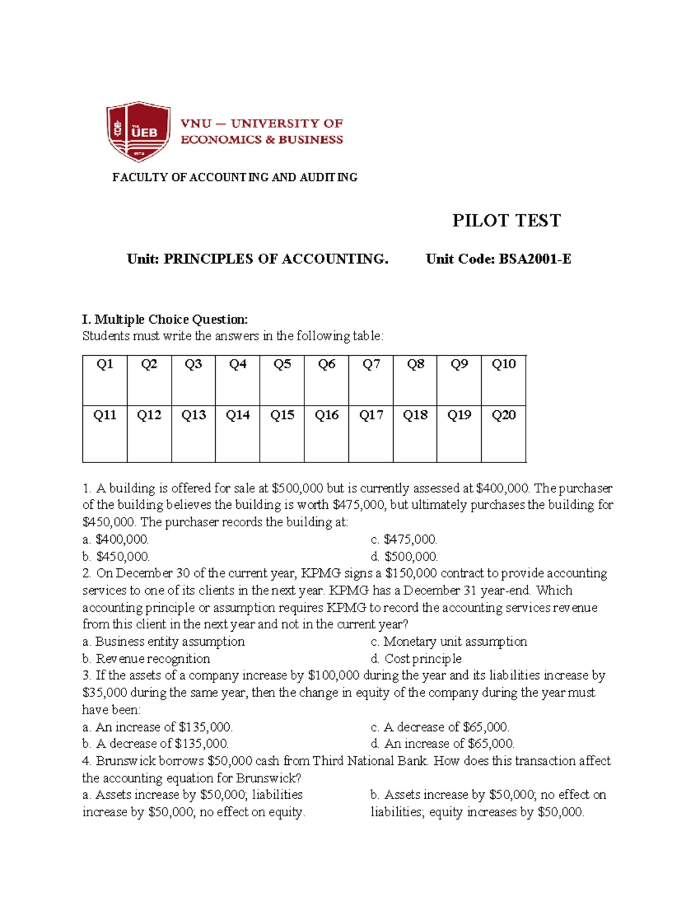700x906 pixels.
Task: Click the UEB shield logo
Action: pyautogui.click(x=138, y=131)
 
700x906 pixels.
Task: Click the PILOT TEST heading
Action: pyautogui.click(x=506, y=221)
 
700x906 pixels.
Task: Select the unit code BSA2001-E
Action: pyautogui.click(x=534, y=259)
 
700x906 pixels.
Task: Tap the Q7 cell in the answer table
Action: pyautogui.click(x=371, y=380)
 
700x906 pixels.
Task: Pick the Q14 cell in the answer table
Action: pyautogui.click(x=237, y=433)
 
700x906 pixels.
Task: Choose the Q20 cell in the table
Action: pyautogui.click(x=503, y=433)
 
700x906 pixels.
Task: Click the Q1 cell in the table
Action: pyautogui.click(x=105, y=380)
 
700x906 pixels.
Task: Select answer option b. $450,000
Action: pyautogui.click(x=116, y=557)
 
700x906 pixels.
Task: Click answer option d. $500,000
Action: pyautogui.click(x=404, y=557)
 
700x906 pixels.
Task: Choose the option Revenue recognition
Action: pyautogui.click(x=146, y=659)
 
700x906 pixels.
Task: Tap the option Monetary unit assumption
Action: pyautogui.click(x=449, y=642)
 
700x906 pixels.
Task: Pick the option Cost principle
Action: pyautogui.click(x=416, y=659)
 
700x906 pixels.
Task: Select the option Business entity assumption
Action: pyautogui.click(x=163, y=642)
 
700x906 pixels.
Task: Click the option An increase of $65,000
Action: pyautogui.click(x=442, y=744)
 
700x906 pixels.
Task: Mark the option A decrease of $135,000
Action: pyautogui.click(x=155, y=744)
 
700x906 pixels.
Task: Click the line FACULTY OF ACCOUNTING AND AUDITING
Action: pyautogui.click(x=235, y=177)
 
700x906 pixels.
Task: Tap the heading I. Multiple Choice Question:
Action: pyautogui.click(x=165, y=319)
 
